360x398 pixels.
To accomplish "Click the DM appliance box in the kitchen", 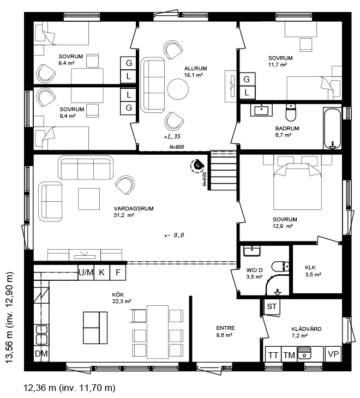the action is coord(41,353).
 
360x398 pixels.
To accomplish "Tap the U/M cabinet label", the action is coord(86,273).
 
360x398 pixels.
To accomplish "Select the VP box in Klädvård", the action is coord(333,354).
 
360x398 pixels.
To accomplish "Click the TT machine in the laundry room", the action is coord(273,354).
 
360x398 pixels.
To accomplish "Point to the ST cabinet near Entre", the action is coord(272,306).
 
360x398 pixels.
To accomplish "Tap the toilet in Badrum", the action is coord(291,112).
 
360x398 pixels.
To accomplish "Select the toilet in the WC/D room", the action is coord(280,267).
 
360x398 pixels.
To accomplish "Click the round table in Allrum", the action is coord(178,89).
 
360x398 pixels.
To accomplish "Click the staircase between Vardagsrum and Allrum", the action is coord(223,170).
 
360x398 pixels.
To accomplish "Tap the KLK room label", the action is coord(310,267).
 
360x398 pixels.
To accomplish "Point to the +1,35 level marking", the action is coord(172,136).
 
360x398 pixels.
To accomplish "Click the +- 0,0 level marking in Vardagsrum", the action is coord(174,236).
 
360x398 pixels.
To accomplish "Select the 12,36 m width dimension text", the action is coord(70,388).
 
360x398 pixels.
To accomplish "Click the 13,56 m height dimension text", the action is coord(9,318).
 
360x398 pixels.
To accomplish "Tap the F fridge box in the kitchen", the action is coord(118,273).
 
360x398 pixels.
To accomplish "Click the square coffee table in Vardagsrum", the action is coord(89,199).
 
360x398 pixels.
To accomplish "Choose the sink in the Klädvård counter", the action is coord(304,353).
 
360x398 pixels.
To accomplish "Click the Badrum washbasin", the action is coord(261,110).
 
